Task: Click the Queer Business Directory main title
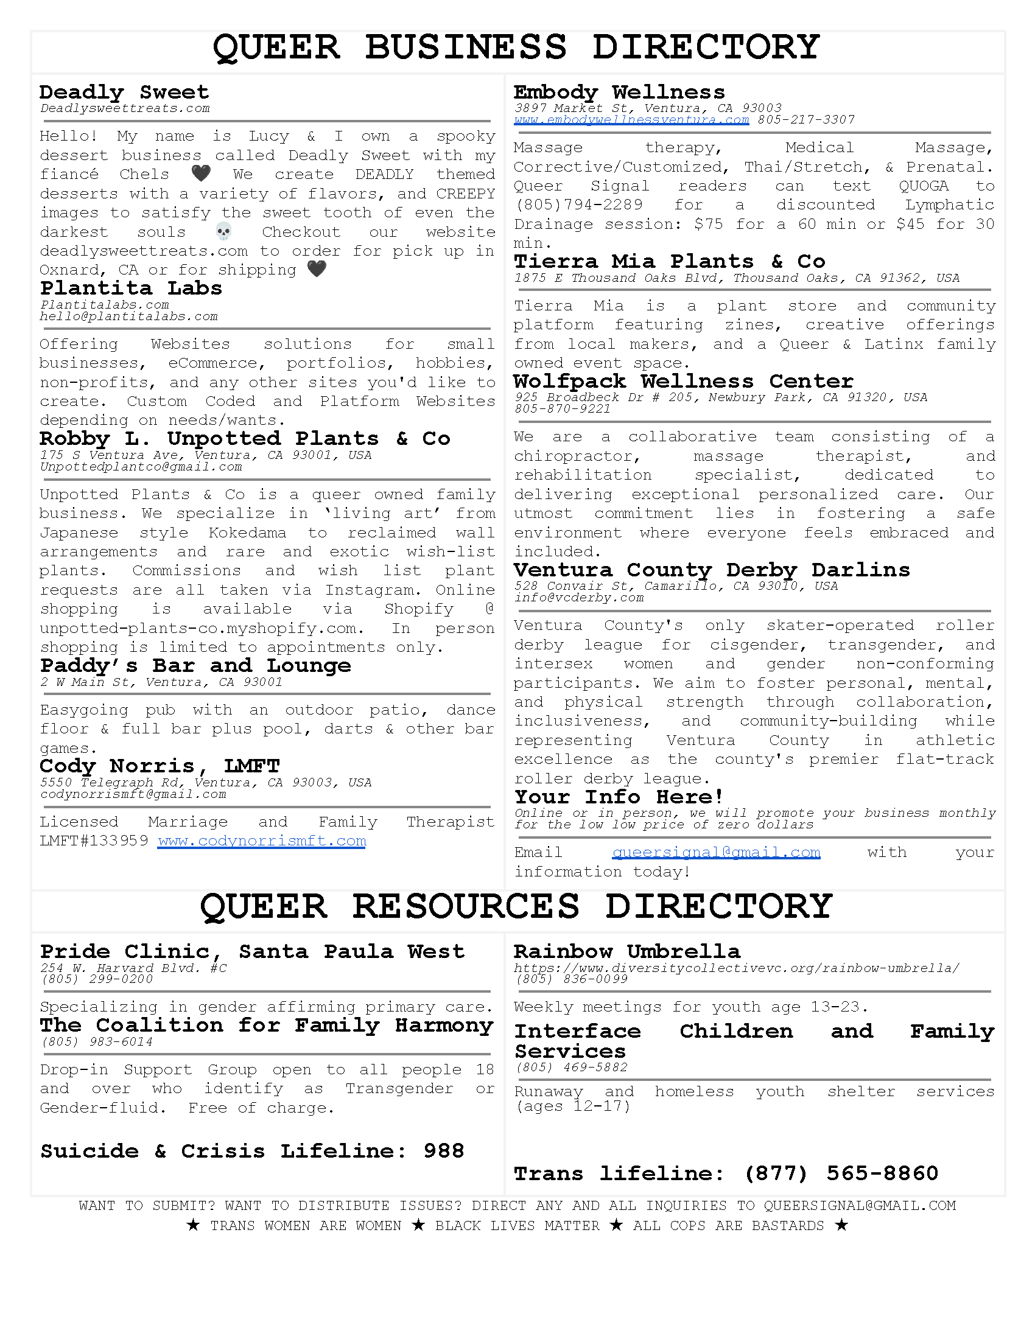[x=516, y=47]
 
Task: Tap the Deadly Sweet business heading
[x=124, y=93]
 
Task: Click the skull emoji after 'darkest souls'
[x=224, y=232]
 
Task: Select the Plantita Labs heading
[x=131, y=288]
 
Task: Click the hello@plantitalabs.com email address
[x=128, y=316]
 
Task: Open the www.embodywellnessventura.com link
[x=631, y=120]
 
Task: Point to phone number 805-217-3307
[x=805, y=120]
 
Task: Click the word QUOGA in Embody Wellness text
[x=924, y=186]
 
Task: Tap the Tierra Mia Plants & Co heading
[x=670, y=262]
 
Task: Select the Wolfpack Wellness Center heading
[x=683, y=382]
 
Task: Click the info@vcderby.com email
[x=579, y=598]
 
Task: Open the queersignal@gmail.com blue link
[x=715, y=852]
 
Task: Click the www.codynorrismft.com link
[x=262, y=841]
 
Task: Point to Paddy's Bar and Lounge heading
[x=195, y=666]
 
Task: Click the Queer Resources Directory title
[x=516, y=906]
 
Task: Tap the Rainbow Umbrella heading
[x=626, y=951]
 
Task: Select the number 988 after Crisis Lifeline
[x=443, y=1151]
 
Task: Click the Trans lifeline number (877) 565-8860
[x=841, y=1173]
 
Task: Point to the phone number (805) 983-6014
[x=97, y=1042]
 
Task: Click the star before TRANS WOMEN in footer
[x=193, y=1226]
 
